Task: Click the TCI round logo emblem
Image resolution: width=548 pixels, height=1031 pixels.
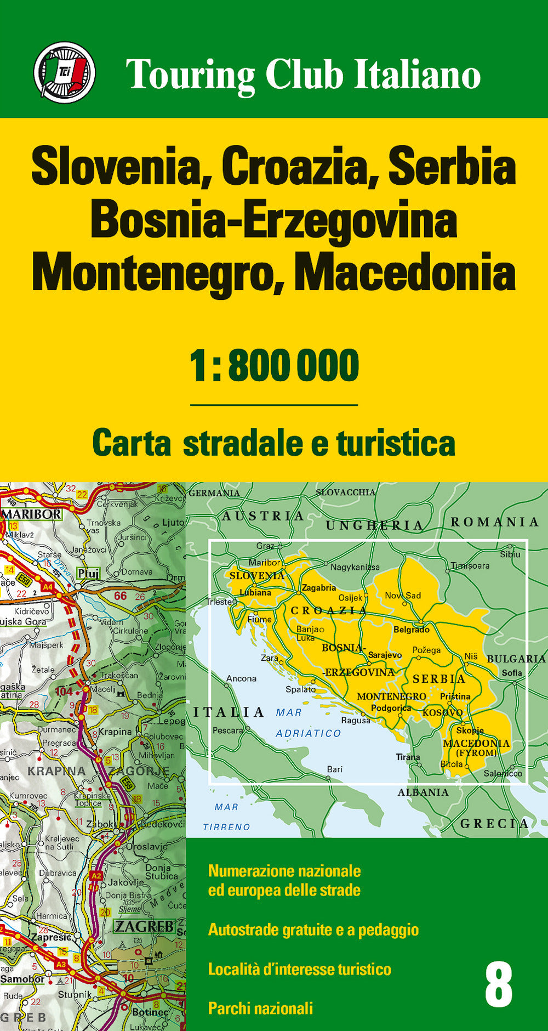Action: tap(64, 72)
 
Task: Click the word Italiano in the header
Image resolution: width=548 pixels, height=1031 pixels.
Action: tap(417, 75)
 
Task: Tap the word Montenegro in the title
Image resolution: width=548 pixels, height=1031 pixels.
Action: tap(152, 273)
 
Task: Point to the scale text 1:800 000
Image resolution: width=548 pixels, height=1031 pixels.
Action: tap(274, 366)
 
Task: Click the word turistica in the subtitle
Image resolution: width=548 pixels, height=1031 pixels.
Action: tap(396, 443)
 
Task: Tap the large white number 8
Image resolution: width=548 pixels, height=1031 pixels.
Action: tap(498, 985)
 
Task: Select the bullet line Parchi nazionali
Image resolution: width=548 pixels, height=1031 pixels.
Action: tap(260, 1008)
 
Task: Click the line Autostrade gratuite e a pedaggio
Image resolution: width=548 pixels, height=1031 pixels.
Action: tap(313, 930)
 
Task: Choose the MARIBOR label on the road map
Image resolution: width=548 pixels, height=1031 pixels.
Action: tap(32, 514)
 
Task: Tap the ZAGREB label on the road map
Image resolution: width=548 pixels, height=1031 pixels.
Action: tap(144, 926)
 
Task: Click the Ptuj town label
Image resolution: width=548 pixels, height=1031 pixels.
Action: tap(88, 574)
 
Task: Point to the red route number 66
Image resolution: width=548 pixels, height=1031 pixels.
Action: tap(121, 596)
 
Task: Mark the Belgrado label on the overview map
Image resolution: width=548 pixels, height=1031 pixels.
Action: tap(412, 630)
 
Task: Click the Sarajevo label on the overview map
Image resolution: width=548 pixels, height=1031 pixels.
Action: tap(385, 655)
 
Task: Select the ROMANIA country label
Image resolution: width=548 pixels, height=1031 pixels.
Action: tap(495, 522)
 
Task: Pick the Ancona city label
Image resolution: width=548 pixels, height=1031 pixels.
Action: tap(241, 678)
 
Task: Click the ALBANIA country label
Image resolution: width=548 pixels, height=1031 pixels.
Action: tap(423, 792)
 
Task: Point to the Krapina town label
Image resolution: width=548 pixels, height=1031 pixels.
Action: tap(115, 732)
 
